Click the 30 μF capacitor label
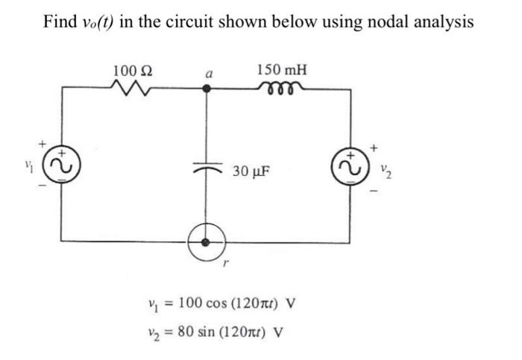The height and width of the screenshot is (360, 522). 251,171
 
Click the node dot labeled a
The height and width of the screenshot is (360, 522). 207,89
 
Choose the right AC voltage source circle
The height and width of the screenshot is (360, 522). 350,167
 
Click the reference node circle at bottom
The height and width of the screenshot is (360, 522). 207,241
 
